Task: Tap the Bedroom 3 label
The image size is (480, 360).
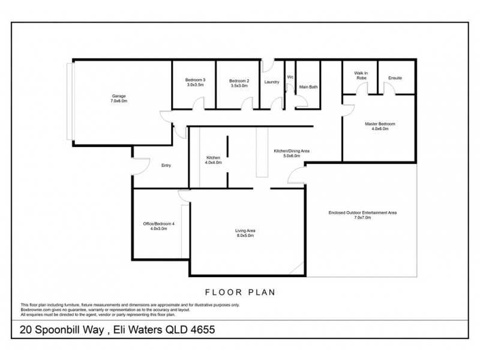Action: coord(196,80)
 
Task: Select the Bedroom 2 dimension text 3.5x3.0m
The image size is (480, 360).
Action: coord(239,86)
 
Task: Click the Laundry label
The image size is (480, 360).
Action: coord(272,82)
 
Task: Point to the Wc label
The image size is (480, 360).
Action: coord(290,77)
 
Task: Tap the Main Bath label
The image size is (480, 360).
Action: coord(308,88)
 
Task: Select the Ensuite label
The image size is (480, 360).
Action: coord(395,78)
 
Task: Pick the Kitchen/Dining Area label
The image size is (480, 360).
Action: coord(291,151)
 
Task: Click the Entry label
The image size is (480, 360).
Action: coord(167,166)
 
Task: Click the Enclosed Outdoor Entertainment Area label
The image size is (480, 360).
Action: coord(362,212)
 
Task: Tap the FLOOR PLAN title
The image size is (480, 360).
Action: coord(240,293)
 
